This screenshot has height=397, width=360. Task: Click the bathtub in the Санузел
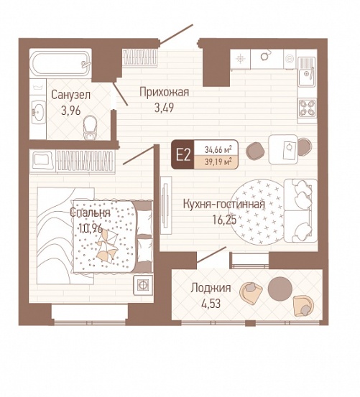click(x=60, y=63)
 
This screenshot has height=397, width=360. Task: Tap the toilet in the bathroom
click(x=90, y=128)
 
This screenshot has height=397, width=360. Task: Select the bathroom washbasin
click(x=39, y=111)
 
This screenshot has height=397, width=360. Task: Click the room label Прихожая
click(x=164, y=92)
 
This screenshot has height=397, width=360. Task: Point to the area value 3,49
click(x=164, y=108)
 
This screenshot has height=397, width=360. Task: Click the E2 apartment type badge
click(x=183, y=154)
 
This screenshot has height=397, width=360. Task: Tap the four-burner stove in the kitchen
click(x=308, y=108)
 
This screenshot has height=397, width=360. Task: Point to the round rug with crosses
click(x=258, y=212)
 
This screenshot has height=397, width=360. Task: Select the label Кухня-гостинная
click(x=224, y=205)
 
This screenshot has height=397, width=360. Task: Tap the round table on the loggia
click(x=280, y=289)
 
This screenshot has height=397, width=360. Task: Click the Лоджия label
click(x=211, y=288)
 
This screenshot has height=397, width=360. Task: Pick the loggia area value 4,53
click(x=211, y=304)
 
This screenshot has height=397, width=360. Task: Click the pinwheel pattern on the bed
click(x=107, y=245)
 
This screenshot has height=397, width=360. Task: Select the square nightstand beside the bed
click(x=144, y=285)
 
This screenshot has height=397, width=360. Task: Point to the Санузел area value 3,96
click(x=71, y=111)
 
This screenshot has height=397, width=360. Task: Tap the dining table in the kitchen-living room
click(x=283, y=149)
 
